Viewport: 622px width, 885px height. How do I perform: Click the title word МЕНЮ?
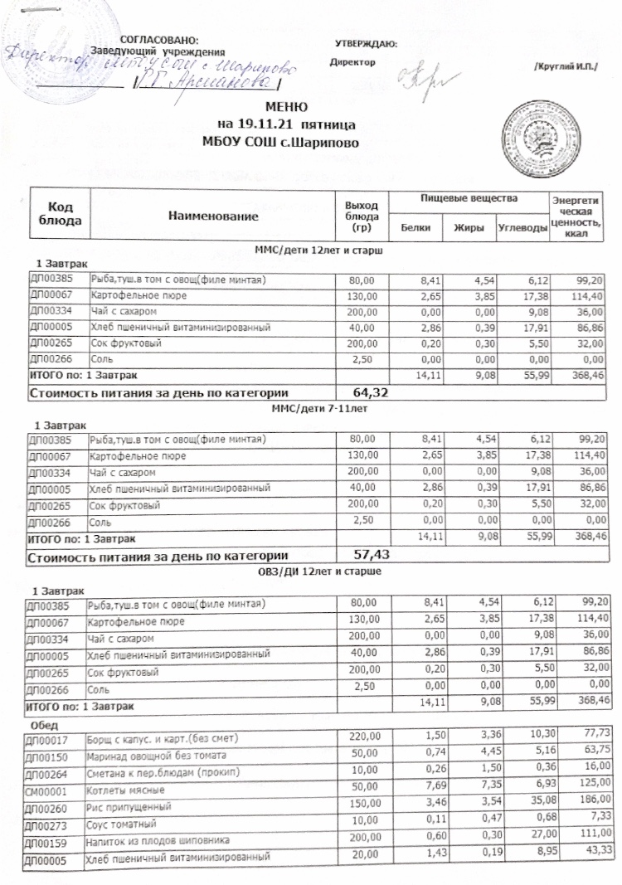pyautogui.click(x=287, y=107)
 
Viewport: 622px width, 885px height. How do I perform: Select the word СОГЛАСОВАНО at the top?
pyautogui.click(x=159, y=40)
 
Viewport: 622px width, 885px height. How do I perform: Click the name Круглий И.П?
pyautogui.click(x=566, y=66)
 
